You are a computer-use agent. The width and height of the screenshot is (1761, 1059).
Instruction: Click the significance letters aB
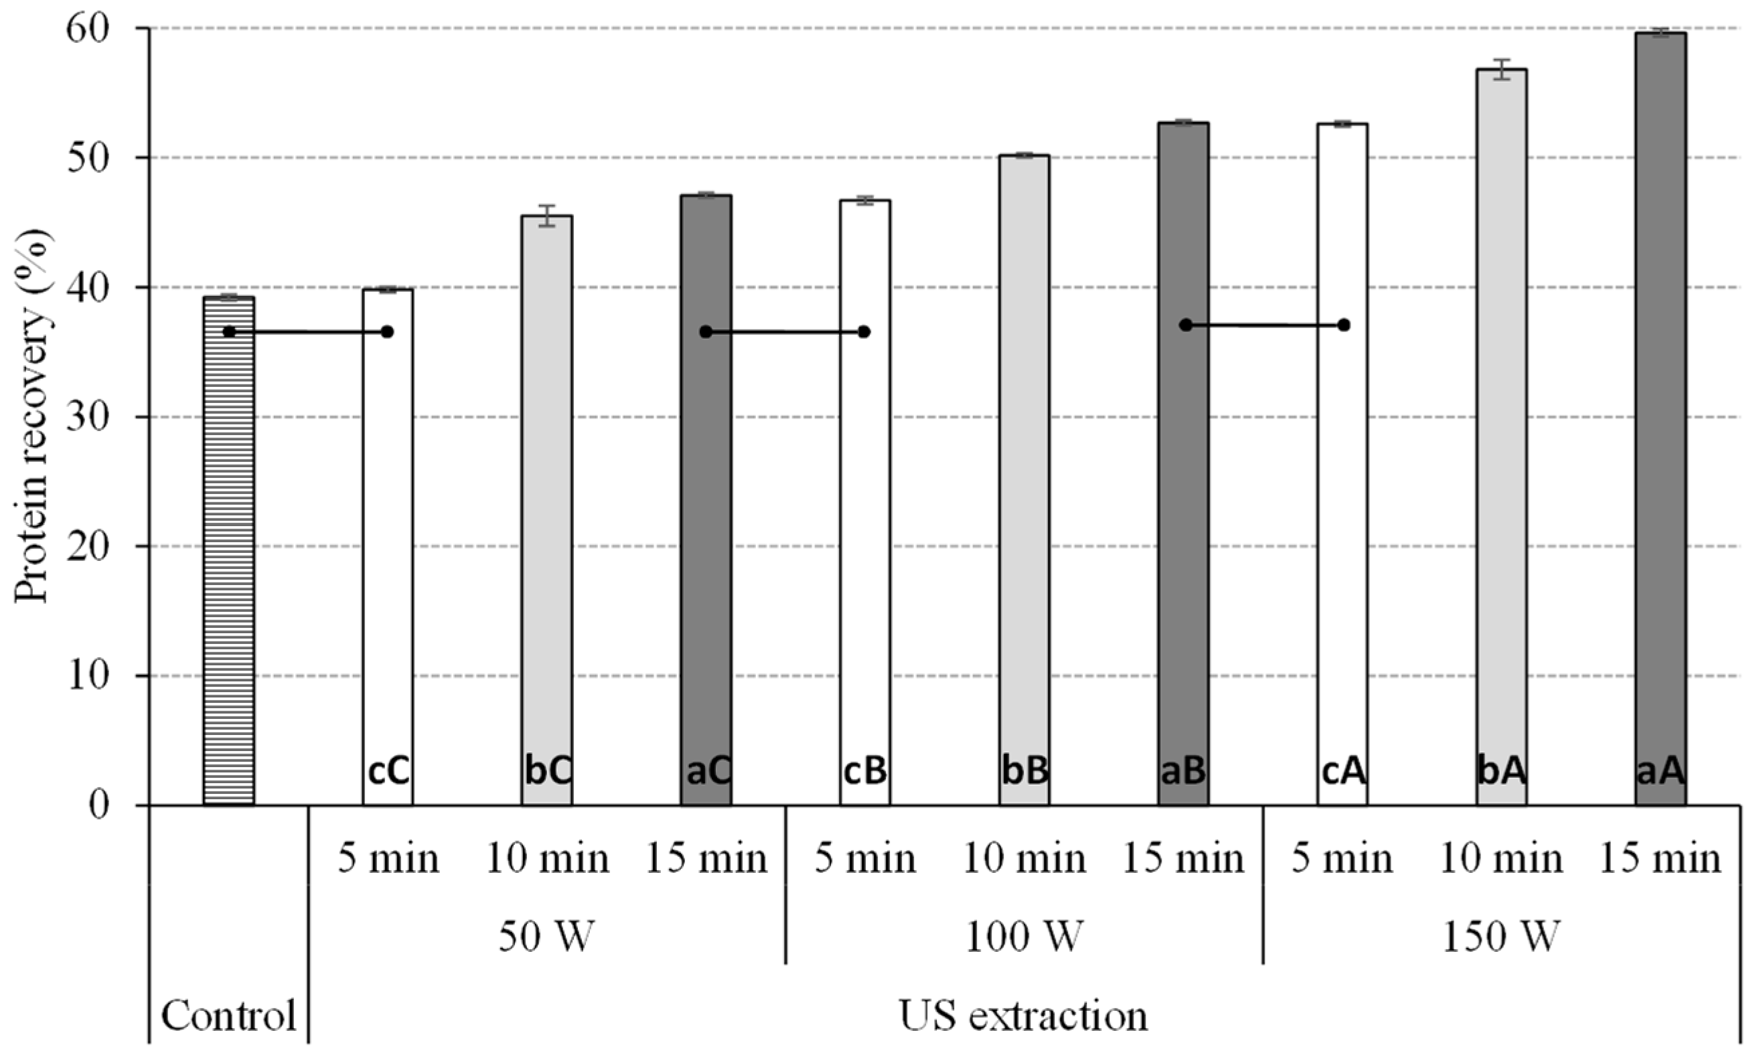coord(1182,772)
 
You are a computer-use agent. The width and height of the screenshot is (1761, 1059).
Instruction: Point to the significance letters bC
coord(547,772)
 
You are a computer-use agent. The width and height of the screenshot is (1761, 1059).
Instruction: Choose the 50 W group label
coord(546,937)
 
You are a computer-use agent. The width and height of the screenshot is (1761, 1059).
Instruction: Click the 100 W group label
coord(1024,937)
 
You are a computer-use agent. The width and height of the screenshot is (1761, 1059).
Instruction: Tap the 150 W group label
coord(1501,937)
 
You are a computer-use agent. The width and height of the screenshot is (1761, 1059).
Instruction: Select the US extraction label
coord(1024,1015)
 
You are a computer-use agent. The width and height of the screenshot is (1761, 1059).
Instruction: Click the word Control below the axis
coord(228,1015)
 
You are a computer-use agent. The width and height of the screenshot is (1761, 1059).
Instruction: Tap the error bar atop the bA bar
coord(1502,69)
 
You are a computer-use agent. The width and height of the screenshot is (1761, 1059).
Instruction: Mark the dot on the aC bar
coord(706,332)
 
